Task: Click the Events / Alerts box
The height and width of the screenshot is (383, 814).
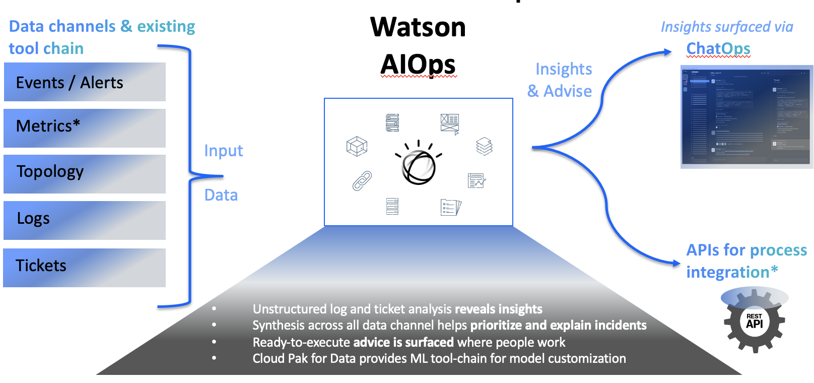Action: coord(85,82)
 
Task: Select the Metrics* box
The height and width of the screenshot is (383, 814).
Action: coord(85,128)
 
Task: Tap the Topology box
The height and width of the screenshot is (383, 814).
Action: coord(85,174)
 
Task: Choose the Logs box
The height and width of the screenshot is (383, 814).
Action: coord(85,220)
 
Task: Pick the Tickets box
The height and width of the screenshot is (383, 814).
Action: coord(85,268)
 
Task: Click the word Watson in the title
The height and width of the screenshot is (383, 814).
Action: coord(418,27)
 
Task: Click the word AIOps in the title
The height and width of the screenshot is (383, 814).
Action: coord(418,65)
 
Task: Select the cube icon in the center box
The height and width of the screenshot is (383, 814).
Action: coord(357,146)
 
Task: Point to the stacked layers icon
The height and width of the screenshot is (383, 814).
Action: coord(484,146)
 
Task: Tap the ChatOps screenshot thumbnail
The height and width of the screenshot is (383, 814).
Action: coord(747,117)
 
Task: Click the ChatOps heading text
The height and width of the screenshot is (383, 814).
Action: coord(718,49)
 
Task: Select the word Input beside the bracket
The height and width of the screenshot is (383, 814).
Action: coord(223,151)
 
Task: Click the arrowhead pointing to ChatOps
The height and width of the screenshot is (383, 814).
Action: coord(668,51)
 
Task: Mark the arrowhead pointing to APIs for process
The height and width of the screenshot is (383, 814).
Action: coord(676,263)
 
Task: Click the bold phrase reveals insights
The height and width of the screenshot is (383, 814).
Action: coord(498,309)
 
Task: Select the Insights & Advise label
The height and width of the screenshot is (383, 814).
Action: coord(560,80)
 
